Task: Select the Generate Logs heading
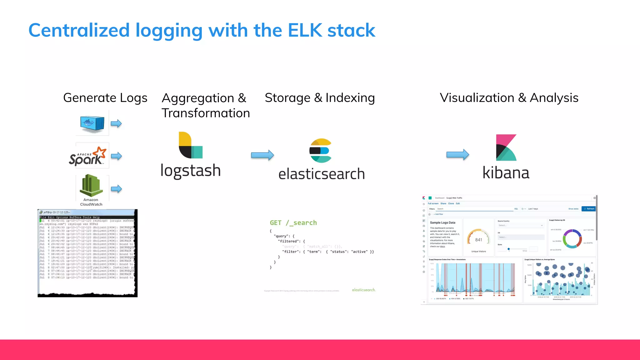point(105,98)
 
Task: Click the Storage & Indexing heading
point(320,98)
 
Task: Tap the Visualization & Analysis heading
point(509,98)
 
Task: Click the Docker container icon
point(92,123)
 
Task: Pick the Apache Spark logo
point(88,156)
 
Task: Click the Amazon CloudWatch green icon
point(91,186)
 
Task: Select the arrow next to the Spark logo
point(116,156)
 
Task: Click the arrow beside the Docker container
point(116,123)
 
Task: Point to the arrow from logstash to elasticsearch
point(262,155)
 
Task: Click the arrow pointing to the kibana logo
point(457,154)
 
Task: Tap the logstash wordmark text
point(191,171)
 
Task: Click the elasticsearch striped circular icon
point(320,151)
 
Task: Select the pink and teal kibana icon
point(506,147)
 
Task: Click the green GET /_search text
point(293,223)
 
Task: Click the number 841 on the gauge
point(478,240)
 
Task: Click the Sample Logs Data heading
point(442,222)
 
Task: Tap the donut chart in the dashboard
point(572,239)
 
